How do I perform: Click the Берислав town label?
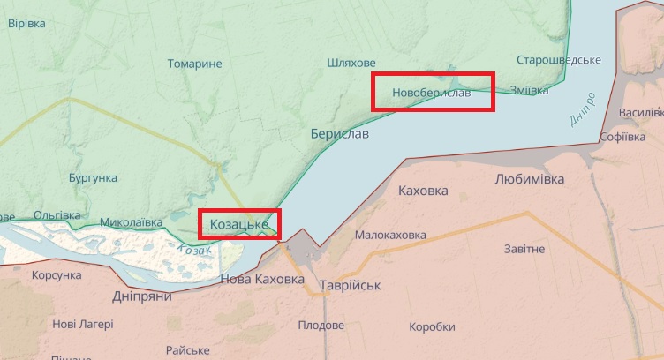[x=340, y=133]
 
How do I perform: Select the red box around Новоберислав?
[x=433, y=92]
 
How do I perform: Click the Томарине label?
[x=194, y=64]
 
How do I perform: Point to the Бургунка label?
[x=93, y=177]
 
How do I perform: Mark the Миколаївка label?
[x=131, y=221]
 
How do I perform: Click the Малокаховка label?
[x=389, y=236]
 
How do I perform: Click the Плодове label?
[x=321, y=326]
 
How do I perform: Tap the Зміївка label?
[x=529, y=90]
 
